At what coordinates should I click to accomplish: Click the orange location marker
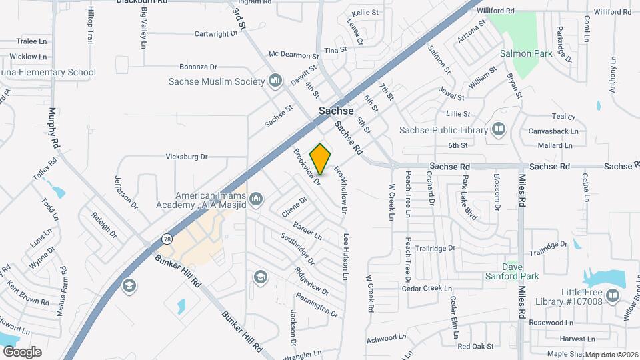point(321,159)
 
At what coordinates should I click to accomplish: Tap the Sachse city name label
point(336,111)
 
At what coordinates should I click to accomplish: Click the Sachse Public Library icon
point(499,129)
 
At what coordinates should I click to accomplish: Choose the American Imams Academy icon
point(257,199)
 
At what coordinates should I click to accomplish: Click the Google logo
point(22,351)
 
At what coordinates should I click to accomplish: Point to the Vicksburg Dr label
point(187,157)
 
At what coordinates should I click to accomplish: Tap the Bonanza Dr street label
point(198,67)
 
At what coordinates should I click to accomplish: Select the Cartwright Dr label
point(215,34)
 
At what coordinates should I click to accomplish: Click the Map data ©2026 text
point(611,355)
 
